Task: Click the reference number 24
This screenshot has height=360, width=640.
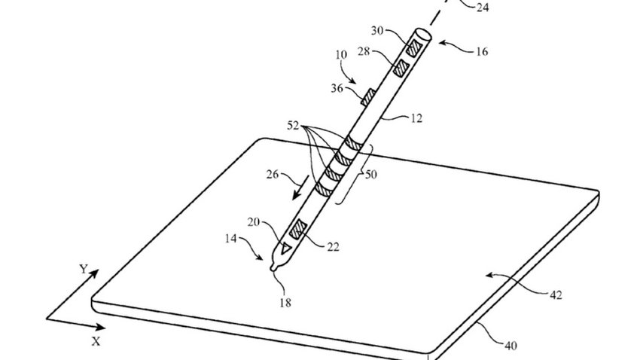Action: point(483,7)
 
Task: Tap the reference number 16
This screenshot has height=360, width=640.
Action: point(482,51)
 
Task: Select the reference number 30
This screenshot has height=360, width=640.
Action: point(377,30)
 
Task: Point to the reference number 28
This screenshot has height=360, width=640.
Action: point(364,51)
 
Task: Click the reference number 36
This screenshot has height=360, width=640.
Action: point(337,88)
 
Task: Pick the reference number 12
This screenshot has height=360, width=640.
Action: point(416,118)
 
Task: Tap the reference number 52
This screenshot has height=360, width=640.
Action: point(293,125)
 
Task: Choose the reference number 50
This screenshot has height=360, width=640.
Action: point(370,174)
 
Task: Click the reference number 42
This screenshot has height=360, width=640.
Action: point(556,294)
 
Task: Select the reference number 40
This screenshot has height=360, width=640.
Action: point(510,346)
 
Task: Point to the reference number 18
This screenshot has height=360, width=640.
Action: point(285,303)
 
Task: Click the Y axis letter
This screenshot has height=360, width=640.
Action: point(84,269)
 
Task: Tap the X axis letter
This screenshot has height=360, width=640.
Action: point(96,341)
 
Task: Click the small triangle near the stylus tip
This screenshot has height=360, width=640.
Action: point(285,247)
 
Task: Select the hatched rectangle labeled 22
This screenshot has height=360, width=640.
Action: point(298,229)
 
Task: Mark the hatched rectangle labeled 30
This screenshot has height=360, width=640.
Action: point(415,48)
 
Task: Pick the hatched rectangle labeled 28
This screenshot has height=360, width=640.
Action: point(401,68)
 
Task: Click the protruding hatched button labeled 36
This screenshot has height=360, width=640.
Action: point(367,97)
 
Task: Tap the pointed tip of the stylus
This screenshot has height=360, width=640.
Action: point(273,268)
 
